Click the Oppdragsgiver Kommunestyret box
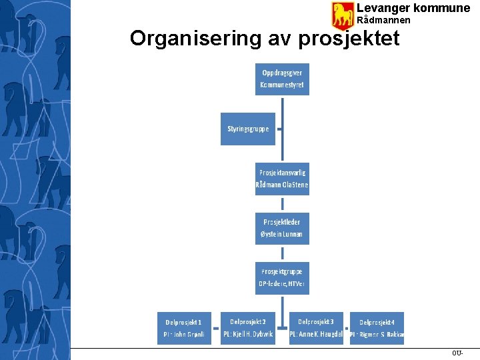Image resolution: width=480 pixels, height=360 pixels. point(282,79)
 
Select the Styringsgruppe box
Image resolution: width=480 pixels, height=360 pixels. point(247,129)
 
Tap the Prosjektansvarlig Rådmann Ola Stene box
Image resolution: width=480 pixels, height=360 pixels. point(282,179)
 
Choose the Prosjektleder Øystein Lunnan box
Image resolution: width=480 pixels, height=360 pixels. point(282,228)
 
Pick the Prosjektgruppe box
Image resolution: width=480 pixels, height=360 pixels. point(282,278)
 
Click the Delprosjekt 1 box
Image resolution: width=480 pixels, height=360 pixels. point(185,328)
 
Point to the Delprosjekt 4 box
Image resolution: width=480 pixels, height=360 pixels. point(377,329)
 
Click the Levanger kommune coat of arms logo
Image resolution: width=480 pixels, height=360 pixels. point(343,15)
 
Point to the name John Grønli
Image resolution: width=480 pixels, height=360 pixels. point(189,335)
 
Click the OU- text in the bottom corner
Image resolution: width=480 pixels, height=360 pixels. point(457,353)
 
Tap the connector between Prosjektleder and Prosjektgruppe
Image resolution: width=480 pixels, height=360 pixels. point(283,253)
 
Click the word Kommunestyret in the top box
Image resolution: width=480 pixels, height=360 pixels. point(282,85)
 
